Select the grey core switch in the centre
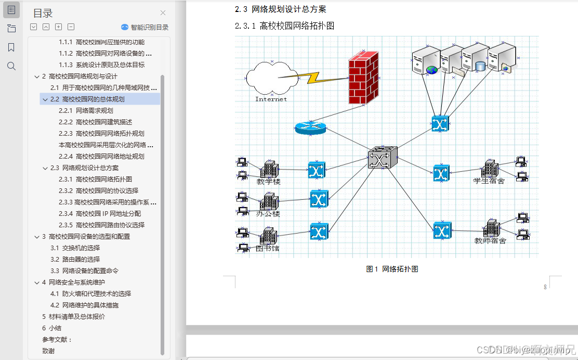pos(382,157)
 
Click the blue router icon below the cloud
pos(310,128)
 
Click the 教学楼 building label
pos(269,182)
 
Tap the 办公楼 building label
pos(268,213)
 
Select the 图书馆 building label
pos(268,248)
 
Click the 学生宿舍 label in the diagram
pos(489,181)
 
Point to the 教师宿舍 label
pos(490,240)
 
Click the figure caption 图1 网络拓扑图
pos(392,269)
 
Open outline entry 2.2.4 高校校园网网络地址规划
pos(110,156)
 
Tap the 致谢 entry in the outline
pos(48,351)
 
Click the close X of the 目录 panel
pos(163,13)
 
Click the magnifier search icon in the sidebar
pos(11,66)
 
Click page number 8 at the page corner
pos(545,287)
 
